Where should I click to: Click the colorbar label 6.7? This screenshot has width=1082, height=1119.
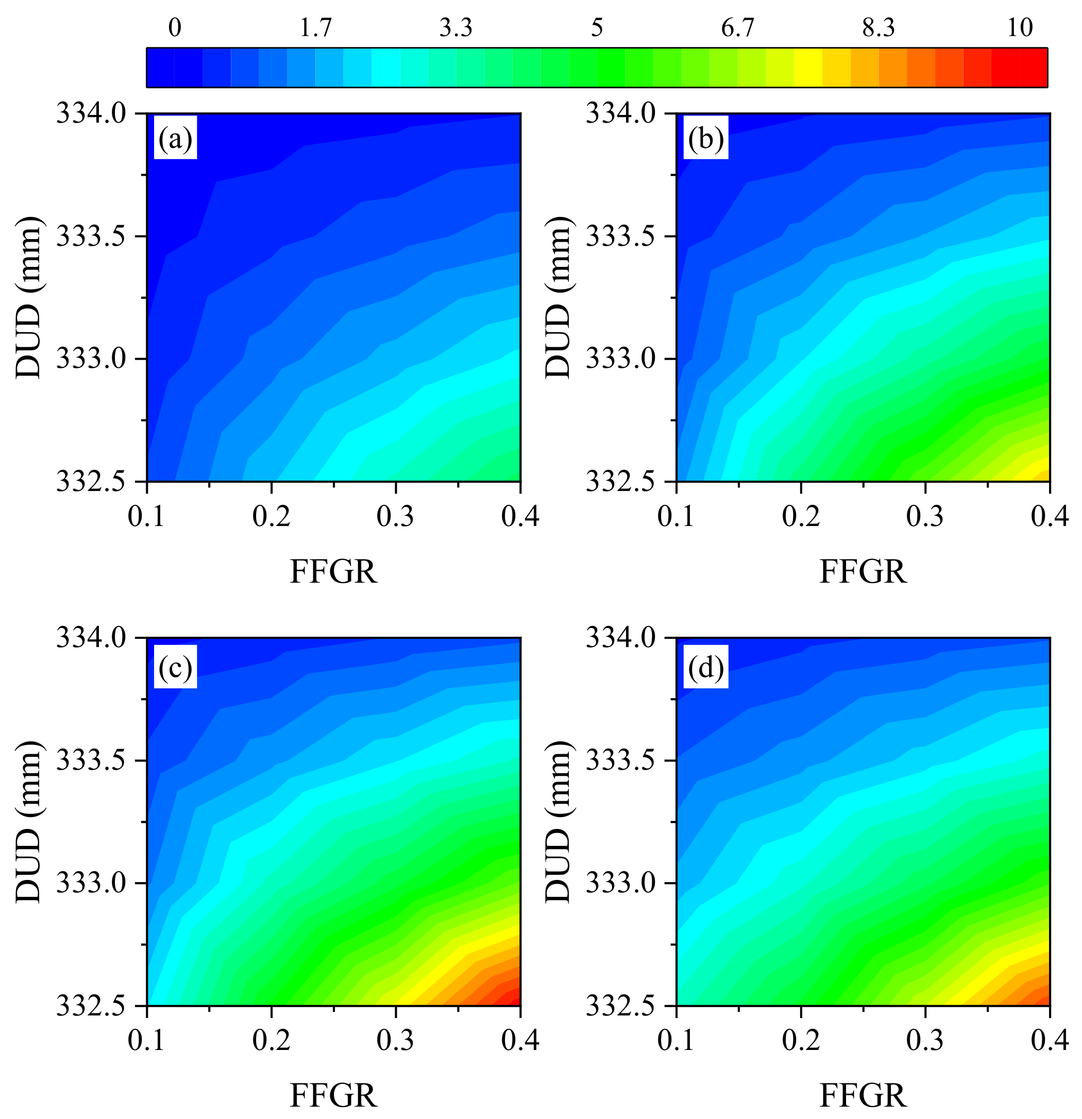point(738,27)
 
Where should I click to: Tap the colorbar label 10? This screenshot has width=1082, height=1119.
point(1020,27)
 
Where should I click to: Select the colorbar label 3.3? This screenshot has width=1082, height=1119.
point(455,27)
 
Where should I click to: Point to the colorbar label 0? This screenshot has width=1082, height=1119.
point(175,27)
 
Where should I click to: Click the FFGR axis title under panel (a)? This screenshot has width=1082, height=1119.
point(333,571)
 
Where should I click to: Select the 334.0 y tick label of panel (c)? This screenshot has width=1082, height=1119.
point(94,637)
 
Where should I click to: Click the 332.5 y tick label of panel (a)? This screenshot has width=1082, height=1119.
point(94,482)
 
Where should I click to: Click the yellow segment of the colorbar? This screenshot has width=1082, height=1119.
point(807,68)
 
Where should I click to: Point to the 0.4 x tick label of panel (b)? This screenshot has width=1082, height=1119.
point(1050,517)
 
